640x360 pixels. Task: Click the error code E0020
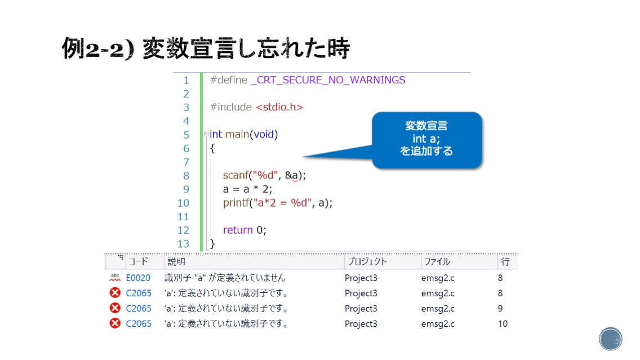point(138,278)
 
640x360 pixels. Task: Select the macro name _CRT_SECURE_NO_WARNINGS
point(328,80)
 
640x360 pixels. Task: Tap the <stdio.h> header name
point(279,107)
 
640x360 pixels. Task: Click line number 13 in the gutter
point(183,244)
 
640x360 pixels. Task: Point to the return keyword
point(238,230)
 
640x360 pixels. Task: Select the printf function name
point(236,203)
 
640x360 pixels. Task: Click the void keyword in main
point(264,134)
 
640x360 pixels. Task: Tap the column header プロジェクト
point(367,261)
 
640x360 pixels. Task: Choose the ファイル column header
point(437,261)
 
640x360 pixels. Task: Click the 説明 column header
point(176,261)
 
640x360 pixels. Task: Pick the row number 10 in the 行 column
point(503,324)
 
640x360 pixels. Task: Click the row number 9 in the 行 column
point(500,309)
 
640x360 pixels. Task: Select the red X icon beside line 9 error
point(115,308)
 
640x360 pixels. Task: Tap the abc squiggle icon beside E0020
point(115,278)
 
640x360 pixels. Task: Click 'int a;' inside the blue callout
point(426,139)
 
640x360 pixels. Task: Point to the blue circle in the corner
point(611,339)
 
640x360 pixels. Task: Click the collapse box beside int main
point(206,134)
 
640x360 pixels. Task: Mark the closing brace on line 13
point(212,244)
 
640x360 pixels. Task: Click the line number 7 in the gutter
point(186,162)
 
